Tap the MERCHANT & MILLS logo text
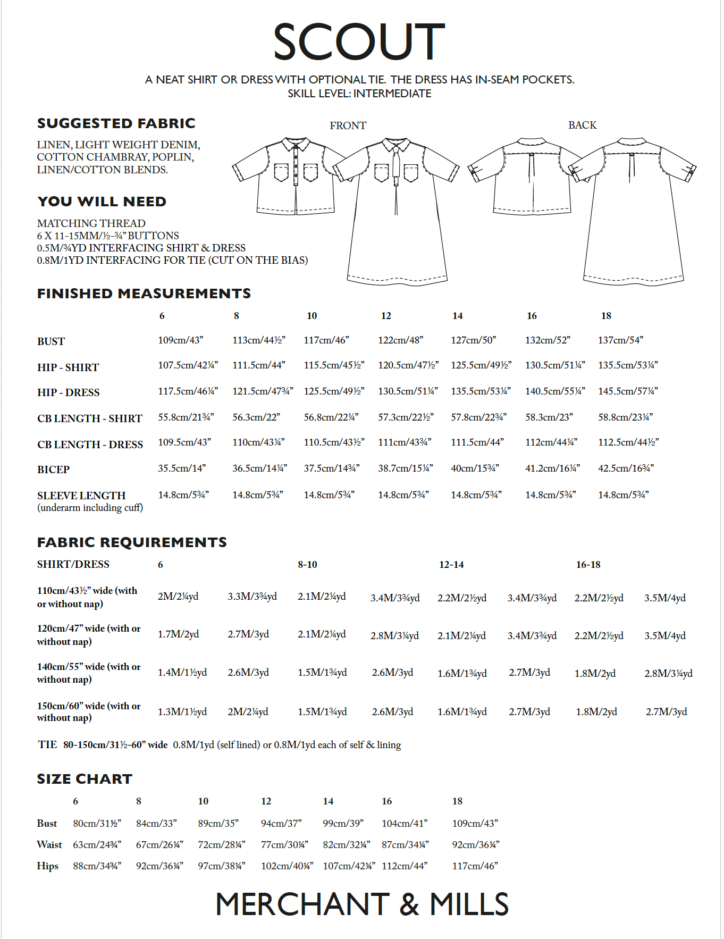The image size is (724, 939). (x=362, y=904)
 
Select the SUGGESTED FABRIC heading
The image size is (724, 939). (x=116, y=123)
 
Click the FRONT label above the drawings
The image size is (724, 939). (x=348, y=125)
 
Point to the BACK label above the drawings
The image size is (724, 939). (x=582, y=125)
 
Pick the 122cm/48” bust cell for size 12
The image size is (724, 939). (x=400, y=340)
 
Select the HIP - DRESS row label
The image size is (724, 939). (x=68, y=392)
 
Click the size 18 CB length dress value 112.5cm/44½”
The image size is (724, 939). (x=628, y=442)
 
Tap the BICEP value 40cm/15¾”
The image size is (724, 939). (x=474, y=468)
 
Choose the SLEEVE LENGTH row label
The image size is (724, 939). (x=81, y=496)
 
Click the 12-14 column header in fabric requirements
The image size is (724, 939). (x=451, y=565)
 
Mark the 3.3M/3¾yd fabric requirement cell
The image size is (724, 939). (x=252, y=597)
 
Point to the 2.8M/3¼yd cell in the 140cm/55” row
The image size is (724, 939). (x=668, y=673)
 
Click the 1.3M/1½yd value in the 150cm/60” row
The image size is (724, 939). (x=182, y=712)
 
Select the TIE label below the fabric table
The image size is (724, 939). (x=47, y=744)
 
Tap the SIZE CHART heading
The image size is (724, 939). (x=85, y=779)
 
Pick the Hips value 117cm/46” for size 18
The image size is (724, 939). (x=475, y=866)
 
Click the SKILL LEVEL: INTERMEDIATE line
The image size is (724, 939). (x=359, y=94)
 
